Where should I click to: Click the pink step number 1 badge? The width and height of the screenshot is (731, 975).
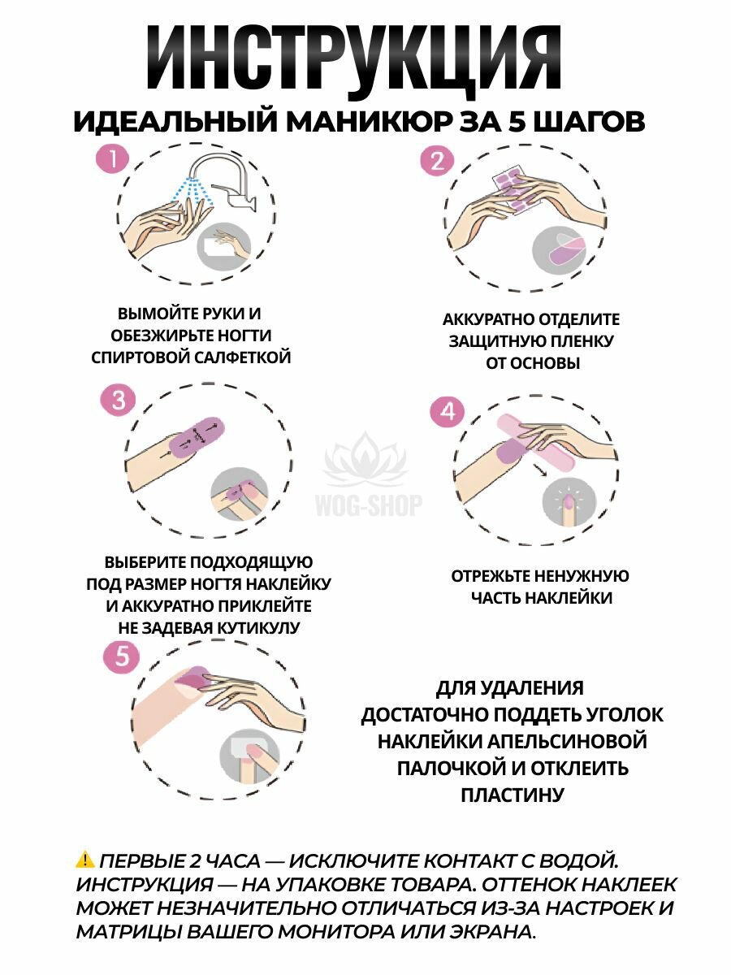(x=112, y=159)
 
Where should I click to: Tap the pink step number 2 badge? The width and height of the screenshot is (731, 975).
(x=437, y=160)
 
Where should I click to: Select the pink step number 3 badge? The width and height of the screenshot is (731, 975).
(x=118, y=400)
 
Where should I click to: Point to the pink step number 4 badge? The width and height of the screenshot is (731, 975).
(x=447, y=412)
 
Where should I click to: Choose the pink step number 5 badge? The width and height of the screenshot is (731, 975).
(x=121, y=656)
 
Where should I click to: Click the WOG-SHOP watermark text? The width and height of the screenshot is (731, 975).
(x=369, y=505)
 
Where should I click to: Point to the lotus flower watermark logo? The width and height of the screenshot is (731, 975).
(x=365, y=459)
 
